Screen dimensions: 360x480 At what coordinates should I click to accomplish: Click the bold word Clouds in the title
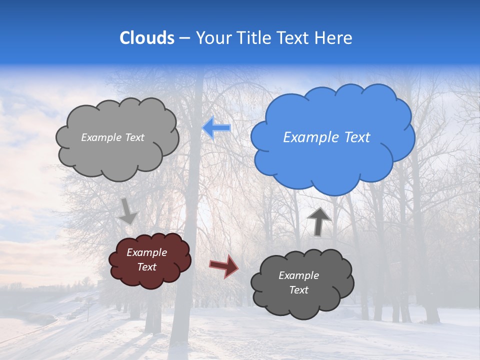click(x=147, y=38)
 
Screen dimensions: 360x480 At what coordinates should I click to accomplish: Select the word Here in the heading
click(x=334, y=38)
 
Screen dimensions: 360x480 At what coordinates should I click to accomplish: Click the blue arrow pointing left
click(x=216, y=128)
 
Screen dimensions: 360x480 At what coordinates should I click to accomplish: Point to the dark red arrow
click(x=223, y=265)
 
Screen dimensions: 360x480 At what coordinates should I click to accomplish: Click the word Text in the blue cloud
click(x=357, y=137)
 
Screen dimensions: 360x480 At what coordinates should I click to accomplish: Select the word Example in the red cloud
click(x=146, y=252)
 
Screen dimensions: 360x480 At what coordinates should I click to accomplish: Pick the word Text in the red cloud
click(x=146, y=267)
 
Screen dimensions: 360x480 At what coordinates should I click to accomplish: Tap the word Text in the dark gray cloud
click(x=298, y=290)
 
